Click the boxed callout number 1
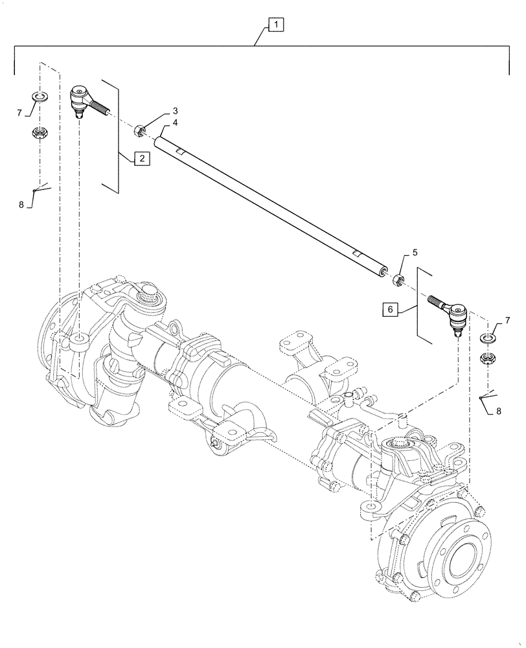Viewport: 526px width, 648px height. (275, 25)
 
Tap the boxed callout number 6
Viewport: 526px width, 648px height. (391, 310)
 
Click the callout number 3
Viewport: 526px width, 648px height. (157, 111)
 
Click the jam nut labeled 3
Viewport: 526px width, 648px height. (138, 131)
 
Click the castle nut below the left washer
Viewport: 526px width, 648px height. (40, 134)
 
